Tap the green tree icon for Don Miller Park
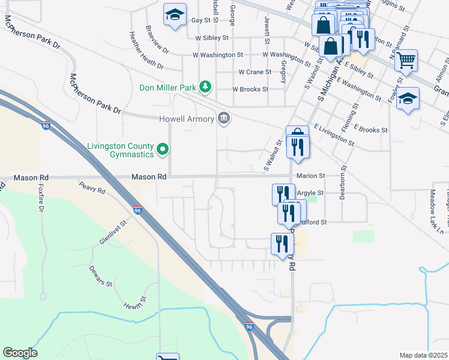pos(205,87)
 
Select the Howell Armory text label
pos(187,119)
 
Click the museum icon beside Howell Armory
pos(224,118)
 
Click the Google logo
pos(20,353)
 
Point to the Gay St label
pos(201,20)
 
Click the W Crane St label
pos(255,71)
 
